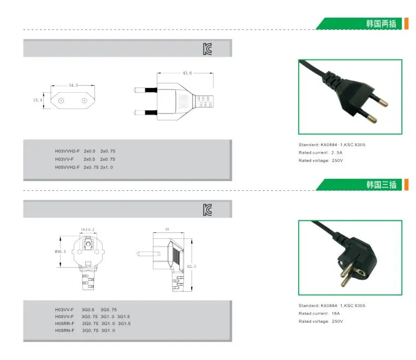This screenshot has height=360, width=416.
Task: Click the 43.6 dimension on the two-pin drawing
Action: [x=187, y=73]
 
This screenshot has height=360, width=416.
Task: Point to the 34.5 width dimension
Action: [x=73, y=85]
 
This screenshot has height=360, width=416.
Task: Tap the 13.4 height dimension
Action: [x=38, y=100]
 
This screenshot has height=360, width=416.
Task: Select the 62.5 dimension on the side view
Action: [x=192, y=266]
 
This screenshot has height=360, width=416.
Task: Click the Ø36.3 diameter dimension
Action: [x=60, y=251]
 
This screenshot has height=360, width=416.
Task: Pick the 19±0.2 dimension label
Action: [x=87, y=230]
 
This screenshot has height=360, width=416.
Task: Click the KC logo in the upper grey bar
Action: [x=207, y=49]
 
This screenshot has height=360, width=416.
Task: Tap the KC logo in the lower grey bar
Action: [x=207, y=210]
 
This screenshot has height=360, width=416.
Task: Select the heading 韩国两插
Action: [x=381, y=23]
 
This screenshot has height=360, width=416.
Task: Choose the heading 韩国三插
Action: [x=381, y=184]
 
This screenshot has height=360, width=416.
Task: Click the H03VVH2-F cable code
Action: [x=67, y=151]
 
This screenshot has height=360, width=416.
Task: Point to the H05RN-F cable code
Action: [x=64, y=331]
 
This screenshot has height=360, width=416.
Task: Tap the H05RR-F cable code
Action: [x=64, y=323]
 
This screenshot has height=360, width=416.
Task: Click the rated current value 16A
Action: [x=336, y=313]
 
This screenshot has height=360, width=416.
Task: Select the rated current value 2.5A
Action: [x=337, y=153]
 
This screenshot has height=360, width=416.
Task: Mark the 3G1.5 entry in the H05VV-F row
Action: [x=123, y=316]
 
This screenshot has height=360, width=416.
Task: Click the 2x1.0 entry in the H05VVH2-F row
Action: [x=106, y=167]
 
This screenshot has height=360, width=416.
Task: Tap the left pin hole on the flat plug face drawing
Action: [x=61, y=101]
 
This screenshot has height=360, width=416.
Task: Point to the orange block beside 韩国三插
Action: [x=406, y=185]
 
